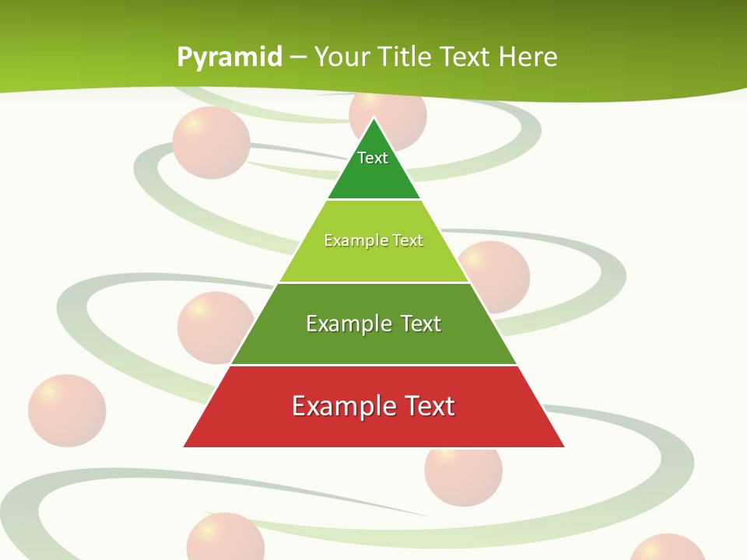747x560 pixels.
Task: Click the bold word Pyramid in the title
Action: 230,57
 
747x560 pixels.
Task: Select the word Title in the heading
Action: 405,57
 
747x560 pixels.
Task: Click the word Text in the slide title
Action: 465,57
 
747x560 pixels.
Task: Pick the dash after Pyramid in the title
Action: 298,58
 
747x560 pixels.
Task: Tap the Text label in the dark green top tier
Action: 373,158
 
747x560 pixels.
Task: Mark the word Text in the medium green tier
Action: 421,324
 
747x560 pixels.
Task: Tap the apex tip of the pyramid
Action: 374,118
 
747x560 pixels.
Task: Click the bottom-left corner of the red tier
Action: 184,446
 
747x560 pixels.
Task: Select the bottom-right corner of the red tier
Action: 564,446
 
